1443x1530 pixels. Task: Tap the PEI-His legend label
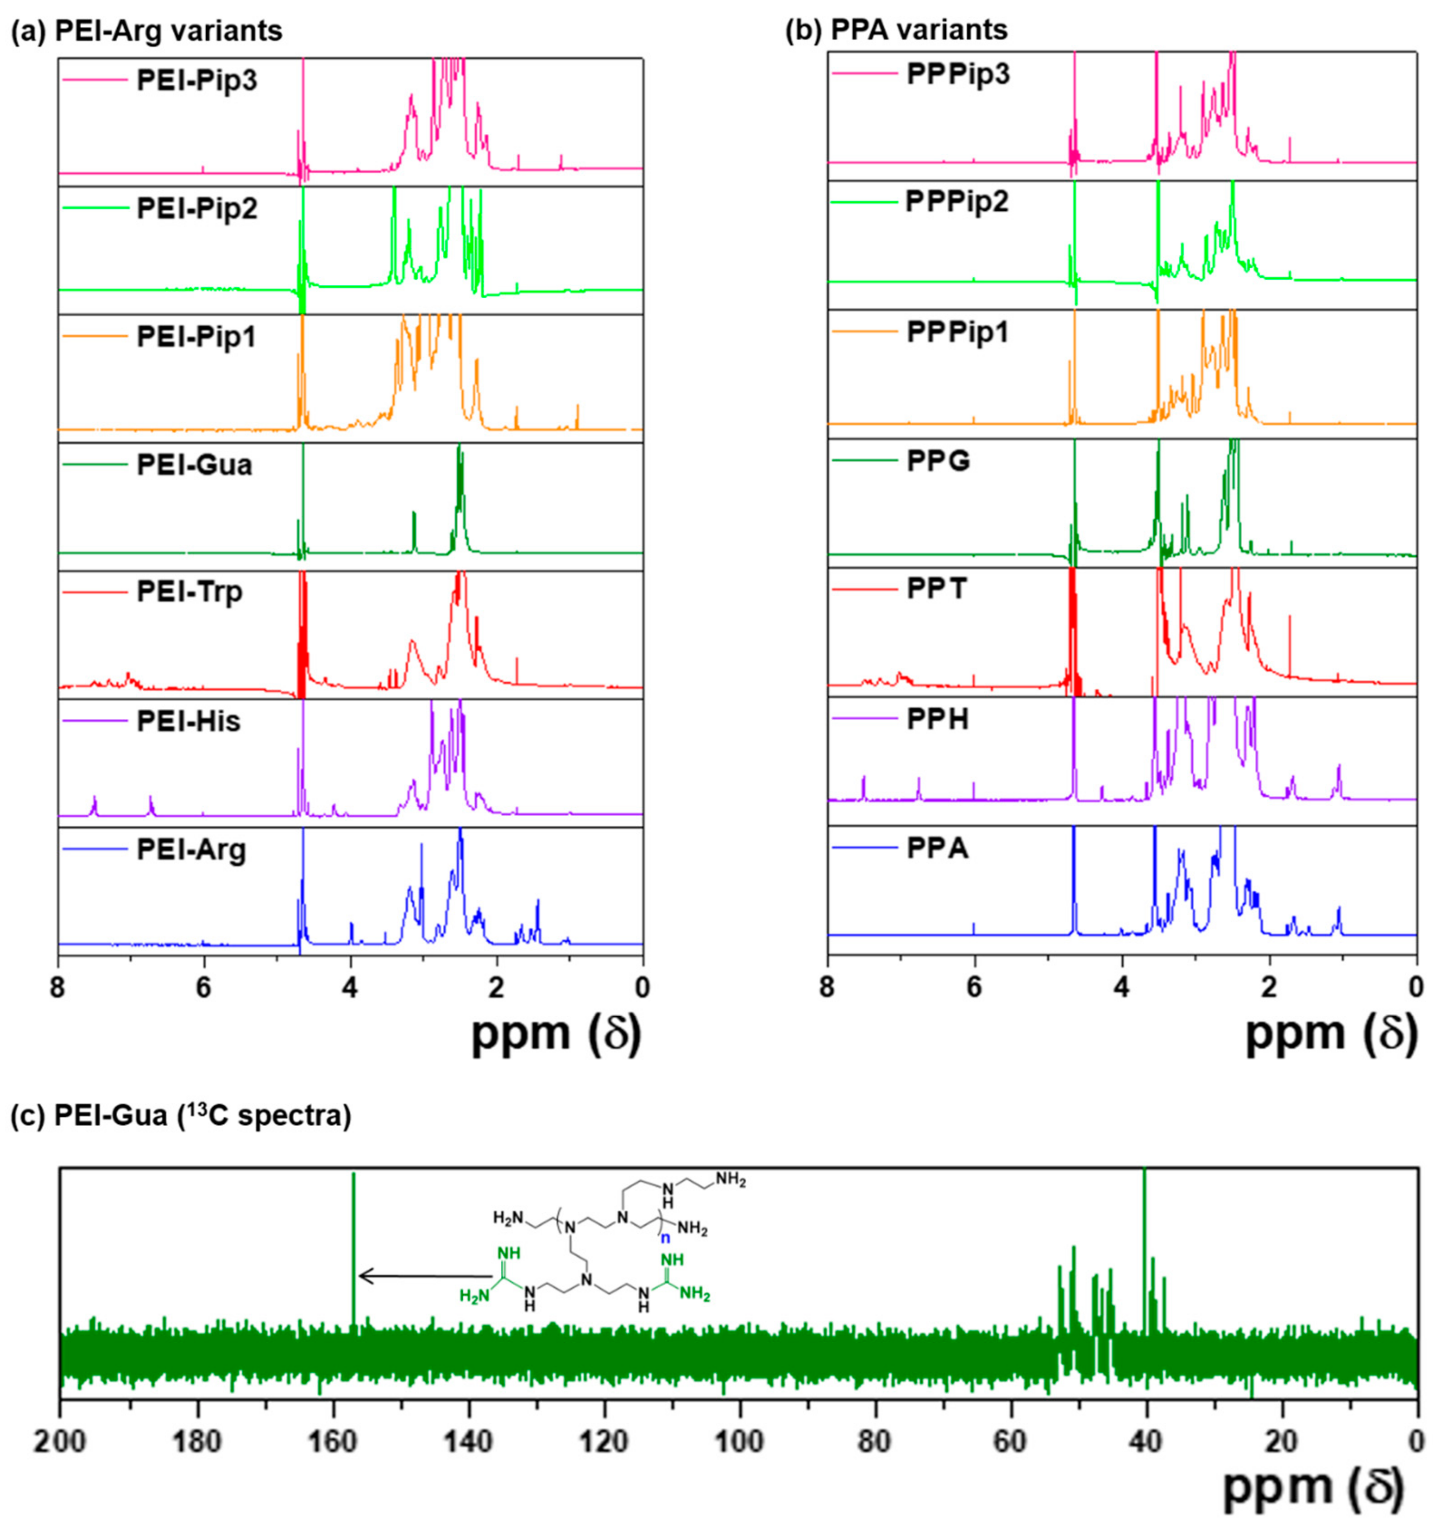[189, 721]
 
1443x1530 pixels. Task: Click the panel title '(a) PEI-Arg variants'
[146, 31]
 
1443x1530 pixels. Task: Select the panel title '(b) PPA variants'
[896, 29]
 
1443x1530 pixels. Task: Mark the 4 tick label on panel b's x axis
[1121, 987]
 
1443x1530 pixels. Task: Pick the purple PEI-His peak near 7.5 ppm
[95, 804]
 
